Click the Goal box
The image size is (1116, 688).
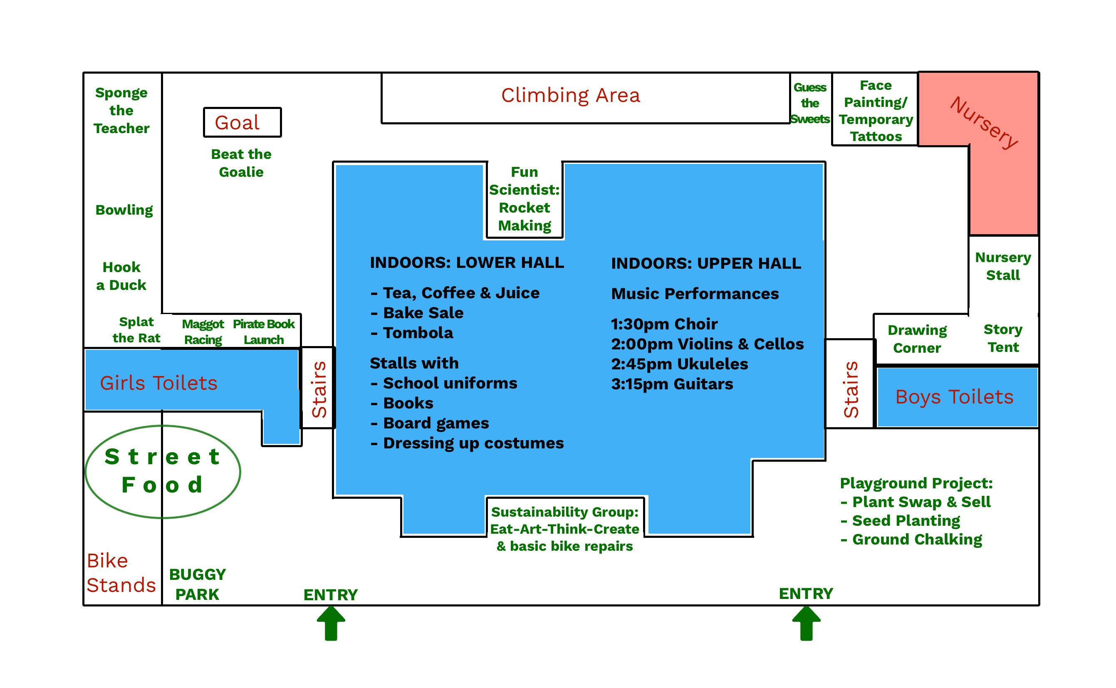click(x=242, y=122)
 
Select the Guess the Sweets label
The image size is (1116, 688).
click(x=810, y=103)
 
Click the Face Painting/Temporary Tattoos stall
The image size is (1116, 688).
click(x=875, y=111)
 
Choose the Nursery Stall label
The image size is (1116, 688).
click(x=1003, y=266)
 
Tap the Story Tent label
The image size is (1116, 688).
click(x=1003, y=338)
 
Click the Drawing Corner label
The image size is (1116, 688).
click(x=917, y=339)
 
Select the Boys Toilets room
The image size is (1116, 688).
click(x=954, y=397)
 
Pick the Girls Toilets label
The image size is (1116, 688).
click(x=159, y=383)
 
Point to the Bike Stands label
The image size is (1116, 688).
click(x=121, y=573)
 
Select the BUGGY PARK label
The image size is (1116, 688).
click(x=197, y=584)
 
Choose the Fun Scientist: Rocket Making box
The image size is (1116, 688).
click(x=524, y=199)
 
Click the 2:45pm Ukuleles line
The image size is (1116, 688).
click(x=679, y=364)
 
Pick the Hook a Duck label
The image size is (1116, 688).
click(x=121, y=276)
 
